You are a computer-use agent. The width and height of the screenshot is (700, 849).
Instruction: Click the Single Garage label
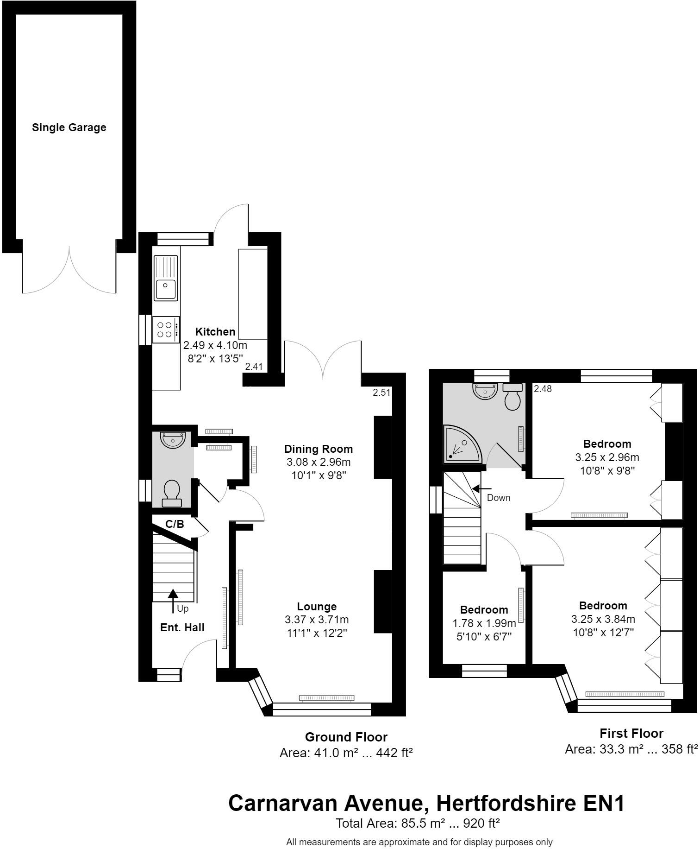click(69, 127)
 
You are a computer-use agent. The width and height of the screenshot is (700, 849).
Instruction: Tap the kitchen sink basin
click(165, 289)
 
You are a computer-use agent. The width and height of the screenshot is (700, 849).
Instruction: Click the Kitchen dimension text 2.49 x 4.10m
click(215, 345)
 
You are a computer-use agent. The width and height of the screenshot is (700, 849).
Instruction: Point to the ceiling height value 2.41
click(254, 367)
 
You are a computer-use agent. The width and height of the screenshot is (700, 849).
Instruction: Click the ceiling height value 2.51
click(381, 393)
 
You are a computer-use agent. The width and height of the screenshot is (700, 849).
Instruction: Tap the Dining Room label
click(318, 449)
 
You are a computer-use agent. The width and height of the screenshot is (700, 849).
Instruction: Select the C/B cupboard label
click(175, 524)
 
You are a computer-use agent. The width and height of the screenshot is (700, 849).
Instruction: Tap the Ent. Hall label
click(182, 627)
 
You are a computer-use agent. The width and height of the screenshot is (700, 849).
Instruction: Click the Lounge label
click(317, 606)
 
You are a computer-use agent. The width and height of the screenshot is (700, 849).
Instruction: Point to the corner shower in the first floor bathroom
click(461, 445)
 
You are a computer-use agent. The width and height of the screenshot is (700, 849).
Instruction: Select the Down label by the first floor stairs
click(499, 498)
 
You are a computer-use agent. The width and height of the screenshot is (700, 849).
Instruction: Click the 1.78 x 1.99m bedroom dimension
click(484, 623)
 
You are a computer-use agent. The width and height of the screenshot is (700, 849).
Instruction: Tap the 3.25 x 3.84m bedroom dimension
click(603, 619)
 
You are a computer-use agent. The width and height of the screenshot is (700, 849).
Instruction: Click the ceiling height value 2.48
click(543, 389)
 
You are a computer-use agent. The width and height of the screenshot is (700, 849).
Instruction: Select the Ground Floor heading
click(346, 737)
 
